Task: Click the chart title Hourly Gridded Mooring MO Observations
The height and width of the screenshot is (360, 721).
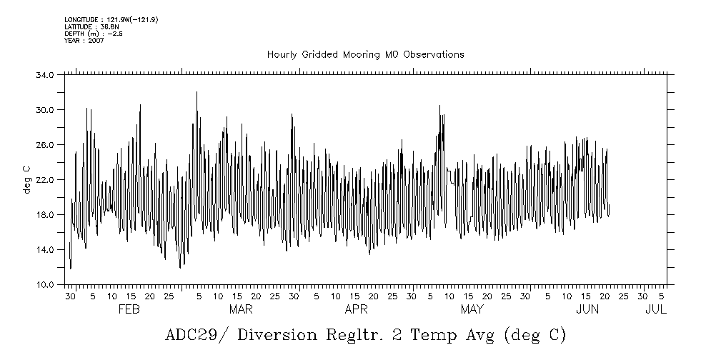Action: pyautogui.click(x=365, y=54)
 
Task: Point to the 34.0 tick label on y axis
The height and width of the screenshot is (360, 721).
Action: pyautogui.click(x=46, y=75)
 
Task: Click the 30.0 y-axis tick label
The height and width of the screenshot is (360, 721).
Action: pyautogui.click(x=46, y=110)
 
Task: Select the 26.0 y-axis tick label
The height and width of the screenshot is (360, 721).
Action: pyautogui.click(x=46, y=145)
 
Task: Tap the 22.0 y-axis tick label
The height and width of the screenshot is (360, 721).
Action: pyautogui.click(x=46, y=180)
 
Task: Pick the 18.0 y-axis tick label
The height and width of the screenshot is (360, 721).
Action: pyautogui.click(x=46, y=215)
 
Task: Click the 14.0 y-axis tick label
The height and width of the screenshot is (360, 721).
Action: pyautogui.click(x=46, y=250)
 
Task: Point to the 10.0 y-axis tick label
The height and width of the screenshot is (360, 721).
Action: pyautogui.click(x=46, y=285)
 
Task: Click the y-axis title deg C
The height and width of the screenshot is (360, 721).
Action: pyautogui.click(x=26, y=179)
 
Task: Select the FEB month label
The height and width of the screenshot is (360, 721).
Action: pyautogui.click(x=128, y=309)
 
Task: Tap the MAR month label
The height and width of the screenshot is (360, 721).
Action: pyautogui.click(x=241, y=309)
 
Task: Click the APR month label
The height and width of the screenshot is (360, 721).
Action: pyautogui.click(x=356, y=309)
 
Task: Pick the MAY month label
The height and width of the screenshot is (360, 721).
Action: pyautogui.click(x=472, y=309)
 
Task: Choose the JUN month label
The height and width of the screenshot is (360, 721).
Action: pyautogui.click(x=587, y=309)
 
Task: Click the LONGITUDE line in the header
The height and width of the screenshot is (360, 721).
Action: pyautogui.click(x=111, y=19)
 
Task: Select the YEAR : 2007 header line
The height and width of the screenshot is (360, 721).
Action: pyautogui.click(x=84, y=41)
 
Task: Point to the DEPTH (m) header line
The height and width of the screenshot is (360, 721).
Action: pyautogui.click(x=93, y=34)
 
